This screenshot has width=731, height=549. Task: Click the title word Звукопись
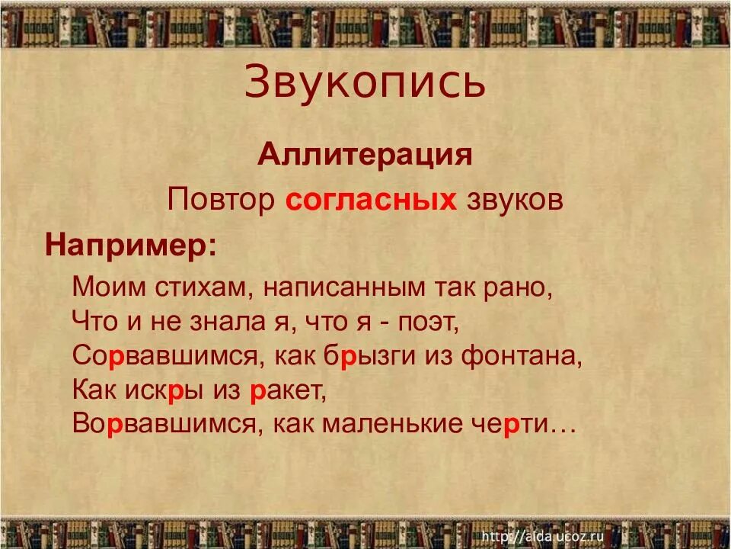point(365,83)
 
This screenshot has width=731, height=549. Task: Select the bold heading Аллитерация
point(365,156)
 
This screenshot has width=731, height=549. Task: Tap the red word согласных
point(372,200)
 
